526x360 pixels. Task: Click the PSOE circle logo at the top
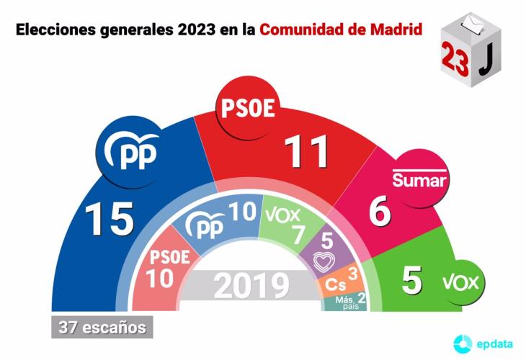246,109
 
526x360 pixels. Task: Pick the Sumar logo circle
419,178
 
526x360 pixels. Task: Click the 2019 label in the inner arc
251,286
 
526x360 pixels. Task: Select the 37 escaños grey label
102,328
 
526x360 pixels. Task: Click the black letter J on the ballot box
486,60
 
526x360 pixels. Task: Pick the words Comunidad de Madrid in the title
341,31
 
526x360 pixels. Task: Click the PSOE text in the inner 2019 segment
169,257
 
